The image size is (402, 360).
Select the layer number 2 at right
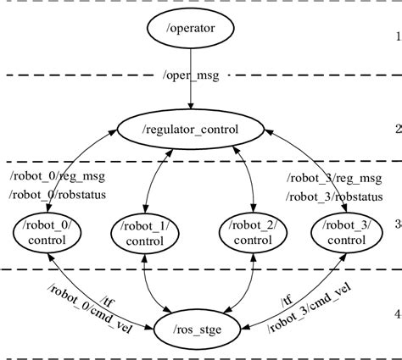tap(396, 130)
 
